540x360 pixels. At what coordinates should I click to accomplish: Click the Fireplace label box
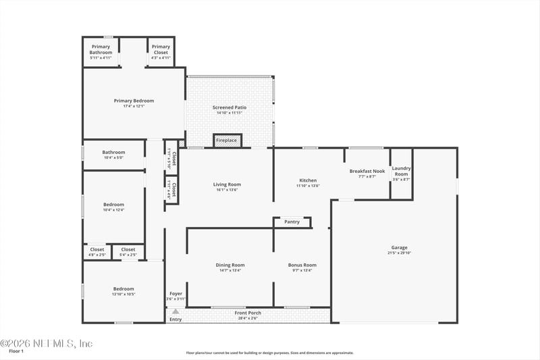point(227,140)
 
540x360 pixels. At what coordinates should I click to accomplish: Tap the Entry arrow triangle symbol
point(175,311)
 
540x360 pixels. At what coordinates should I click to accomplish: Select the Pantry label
point(292,222)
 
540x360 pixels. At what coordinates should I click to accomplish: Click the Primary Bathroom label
point(101,49)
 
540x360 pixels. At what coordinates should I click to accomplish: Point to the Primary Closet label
point(161,49)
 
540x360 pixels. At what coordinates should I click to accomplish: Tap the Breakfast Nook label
point(367,172)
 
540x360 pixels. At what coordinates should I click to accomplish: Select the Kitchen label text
point(308,180)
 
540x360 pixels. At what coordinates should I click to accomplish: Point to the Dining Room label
point(230,265)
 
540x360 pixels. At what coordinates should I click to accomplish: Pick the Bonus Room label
point(302,265)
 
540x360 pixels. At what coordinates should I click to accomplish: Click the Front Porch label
point(248,313)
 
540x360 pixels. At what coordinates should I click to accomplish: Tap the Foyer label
point(175,294)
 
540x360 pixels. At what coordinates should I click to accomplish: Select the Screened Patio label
point(230,107)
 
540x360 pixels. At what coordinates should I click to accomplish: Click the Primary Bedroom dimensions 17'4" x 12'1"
point(134,106)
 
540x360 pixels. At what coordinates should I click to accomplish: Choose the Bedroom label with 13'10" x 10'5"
point(124,288)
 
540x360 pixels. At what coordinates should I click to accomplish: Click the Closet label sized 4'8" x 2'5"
point(97,249)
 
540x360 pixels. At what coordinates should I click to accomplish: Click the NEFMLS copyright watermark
point(46,344)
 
